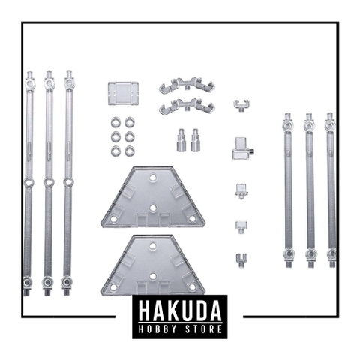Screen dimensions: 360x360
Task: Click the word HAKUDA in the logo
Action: click(180, 310)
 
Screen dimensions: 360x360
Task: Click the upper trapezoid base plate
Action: click(153, 197)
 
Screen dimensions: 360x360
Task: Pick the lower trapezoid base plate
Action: click(153, 265)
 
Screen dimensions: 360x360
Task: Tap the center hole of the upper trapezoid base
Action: click(153, 208)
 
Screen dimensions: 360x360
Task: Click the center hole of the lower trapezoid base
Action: click(153, 276)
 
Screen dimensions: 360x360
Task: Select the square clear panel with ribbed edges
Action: click(123, 93)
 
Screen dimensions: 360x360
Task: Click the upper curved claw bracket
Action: click(187, 85)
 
